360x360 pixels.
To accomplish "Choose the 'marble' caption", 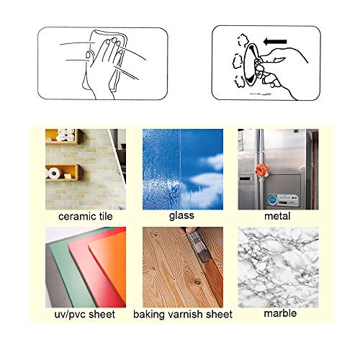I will [x=277, y=315].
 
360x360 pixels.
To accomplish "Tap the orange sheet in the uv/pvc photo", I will [x=108, y=274].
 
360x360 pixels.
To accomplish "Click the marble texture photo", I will [x=277, y=267].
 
